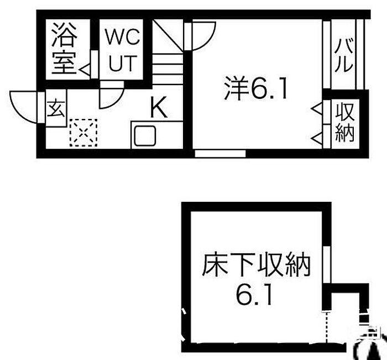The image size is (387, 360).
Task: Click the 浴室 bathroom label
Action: tap(64, 49)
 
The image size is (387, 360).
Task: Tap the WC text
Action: tap(122, 37)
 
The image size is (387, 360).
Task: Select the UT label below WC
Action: tap(123, 63)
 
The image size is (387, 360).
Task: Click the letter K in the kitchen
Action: tap(159, 107)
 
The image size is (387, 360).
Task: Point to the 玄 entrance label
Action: tap(56, 108)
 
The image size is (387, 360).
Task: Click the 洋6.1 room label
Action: tap(255, 88)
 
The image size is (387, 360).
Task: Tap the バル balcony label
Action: tap(343, 55)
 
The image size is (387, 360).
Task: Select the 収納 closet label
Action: tap(344, 122)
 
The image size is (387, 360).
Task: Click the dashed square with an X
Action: tap(83, 132)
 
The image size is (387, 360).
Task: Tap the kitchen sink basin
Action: tap(145, 135)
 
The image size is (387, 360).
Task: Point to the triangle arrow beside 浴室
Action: tap(85, 70)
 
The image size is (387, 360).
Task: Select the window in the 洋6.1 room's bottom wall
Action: tap(220, 154)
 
